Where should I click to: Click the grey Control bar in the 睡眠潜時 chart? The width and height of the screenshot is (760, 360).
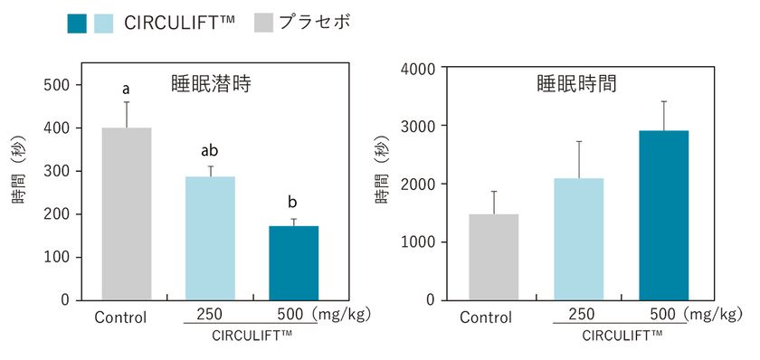(126, 213)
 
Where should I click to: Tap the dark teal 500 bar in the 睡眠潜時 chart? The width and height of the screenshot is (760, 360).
(294, 262)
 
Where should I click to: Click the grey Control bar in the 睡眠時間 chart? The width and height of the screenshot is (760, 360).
(493, 257)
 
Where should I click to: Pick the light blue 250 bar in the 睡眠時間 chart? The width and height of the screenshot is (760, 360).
(578, 239)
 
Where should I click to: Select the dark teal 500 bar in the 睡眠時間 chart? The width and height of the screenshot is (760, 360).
(663, 215)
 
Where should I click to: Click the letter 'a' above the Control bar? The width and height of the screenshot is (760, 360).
(126, 90)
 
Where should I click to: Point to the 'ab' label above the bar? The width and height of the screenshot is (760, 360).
(210, 151)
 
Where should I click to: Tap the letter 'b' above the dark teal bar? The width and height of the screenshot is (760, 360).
(294, 202)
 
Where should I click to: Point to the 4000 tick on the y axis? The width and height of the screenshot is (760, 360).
(417, 68)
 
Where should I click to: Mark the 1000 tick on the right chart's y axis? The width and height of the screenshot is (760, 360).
(417, 242)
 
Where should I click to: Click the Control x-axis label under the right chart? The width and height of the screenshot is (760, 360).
(485, 317)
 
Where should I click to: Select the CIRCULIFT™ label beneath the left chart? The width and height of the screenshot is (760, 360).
(251, 336)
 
